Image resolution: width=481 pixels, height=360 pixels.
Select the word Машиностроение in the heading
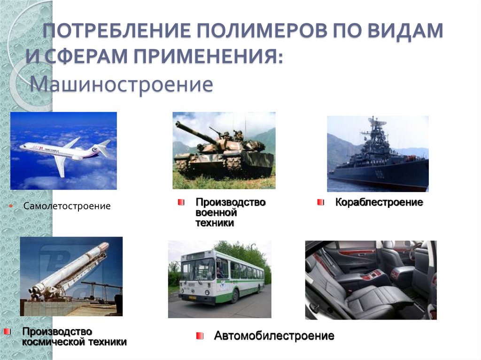pyautogui.click(x=122, y=85)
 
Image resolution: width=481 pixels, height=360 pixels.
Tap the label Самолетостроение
pyautogui.click(x=67, y=206)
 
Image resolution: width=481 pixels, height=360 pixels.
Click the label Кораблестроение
pyautogui.click(x=379, y=202)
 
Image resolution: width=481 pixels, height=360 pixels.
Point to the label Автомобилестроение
pyautogui.click(x=274, y=336)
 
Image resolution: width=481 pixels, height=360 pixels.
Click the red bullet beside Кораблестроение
pyautogui.click(x=320, y=202)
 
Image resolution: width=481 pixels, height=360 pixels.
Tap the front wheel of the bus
pyautogui.click(x=234, y=295)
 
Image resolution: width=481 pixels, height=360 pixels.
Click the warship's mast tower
pyautogui.click(x=374, y=136)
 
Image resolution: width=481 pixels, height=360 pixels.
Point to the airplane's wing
pyautogui.click(x=61, y=165)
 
